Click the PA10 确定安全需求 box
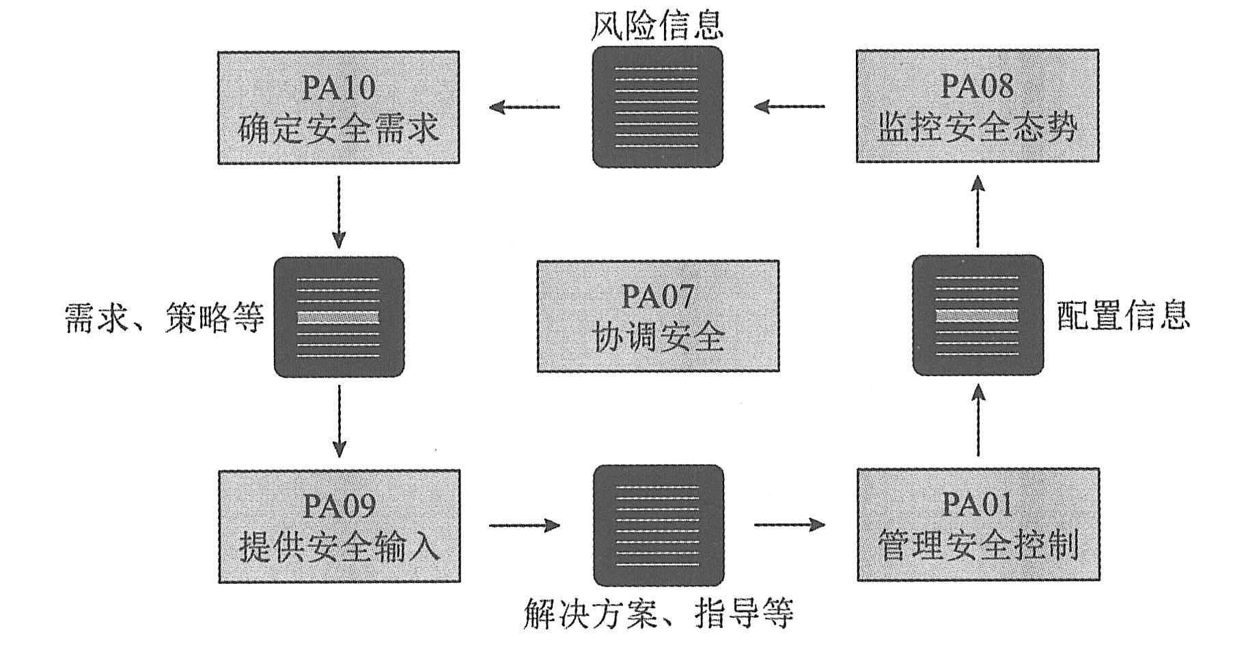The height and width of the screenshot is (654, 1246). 338,107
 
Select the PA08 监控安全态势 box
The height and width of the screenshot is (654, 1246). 978,106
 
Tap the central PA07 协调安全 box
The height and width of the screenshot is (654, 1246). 658,316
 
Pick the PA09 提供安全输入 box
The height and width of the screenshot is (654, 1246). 339,526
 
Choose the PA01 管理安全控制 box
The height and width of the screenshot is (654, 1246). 978,524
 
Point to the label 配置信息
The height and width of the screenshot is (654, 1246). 1123,316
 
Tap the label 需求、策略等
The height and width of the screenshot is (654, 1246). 164,318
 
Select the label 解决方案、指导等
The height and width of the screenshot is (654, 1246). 658,613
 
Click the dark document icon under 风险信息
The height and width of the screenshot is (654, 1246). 657,106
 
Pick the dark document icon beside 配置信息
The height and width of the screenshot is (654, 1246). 978,315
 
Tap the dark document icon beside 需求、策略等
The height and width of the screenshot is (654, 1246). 339,317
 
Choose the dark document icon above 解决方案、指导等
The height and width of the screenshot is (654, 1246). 658,525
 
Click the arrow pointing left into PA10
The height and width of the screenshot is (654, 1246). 524,106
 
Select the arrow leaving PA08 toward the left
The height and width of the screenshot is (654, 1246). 789,106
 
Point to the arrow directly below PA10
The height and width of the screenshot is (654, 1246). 339,212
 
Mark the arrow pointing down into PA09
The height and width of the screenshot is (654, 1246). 339,421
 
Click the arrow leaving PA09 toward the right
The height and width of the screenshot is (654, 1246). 525,525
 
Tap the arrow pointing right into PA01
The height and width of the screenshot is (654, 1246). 790,524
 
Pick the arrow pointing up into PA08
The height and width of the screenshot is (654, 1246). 978,211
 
